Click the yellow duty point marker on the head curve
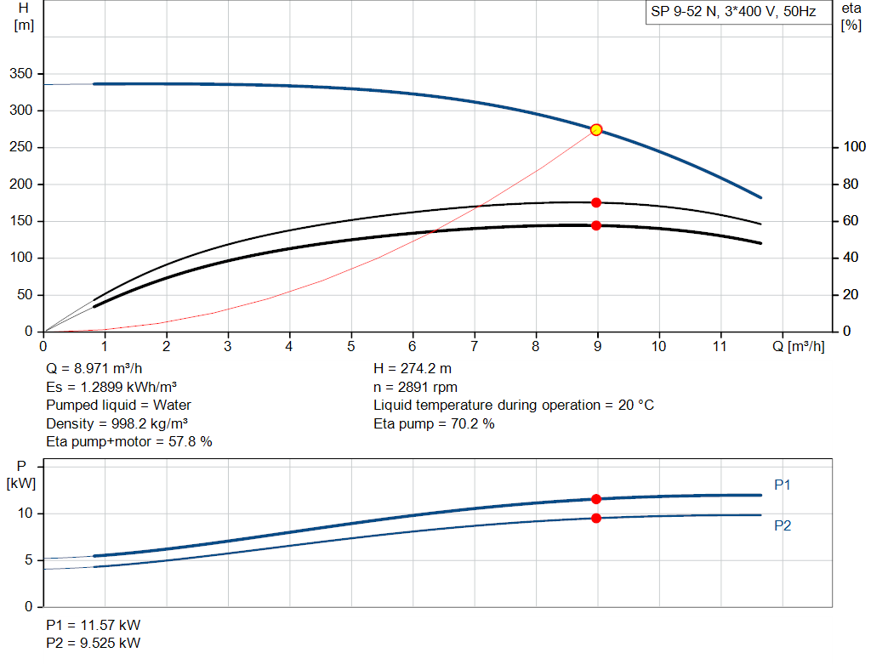596,130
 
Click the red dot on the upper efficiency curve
596,202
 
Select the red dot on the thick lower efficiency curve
596,225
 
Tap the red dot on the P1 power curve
596,499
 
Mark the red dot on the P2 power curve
596,518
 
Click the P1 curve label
783,485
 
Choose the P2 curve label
783,525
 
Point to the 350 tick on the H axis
21,73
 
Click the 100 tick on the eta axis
854,146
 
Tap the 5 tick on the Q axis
351,346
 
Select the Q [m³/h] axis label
798,346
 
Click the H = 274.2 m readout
413,369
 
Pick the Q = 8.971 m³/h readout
94,369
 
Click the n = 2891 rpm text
415,387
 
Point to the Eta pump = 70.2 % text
434,423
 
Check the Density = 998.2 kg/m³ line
117,423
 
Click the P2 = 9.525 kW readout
94,643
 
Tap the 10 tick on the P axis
25,513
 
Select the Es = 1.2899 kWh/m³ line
111,387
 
